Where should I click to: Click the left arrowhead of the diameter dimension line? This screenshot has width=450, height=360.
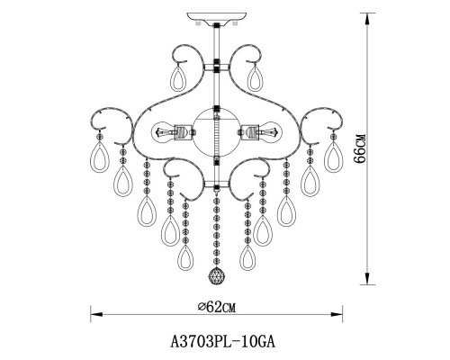click(x=92, y=315)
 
